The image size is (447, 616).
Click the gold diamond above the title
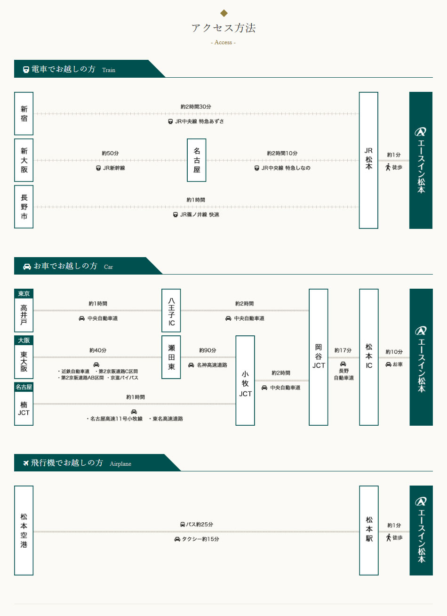point(224,13)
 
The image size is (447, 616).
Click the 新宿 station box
point(24,113)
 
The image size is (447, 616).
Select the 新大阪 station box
point(24,160)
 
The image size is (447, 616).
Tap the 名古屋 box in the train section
point(196,160)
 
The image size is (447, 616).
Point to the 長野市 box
point(24,207)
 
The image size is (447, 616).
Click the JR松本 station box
point(368,160)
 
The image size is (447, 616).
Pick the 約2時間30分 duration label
point(196,107)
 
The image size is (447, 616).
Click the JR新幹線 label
point(111,168)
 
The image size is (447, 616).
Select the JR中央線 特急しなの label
point(282,168)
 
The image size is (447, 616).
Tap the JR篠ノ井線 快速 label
point(196,214)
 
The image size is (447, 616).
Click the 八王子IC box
point(171,310)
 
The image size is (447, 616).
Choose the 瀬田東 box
point(171,357)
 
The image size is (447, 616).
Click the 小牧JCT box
point(245,381)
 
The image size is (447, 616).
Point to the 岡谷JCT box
point(319,357)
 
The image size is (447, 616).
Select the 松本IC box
point(369,357)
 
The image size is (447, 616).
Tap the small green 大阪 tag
point(24,340)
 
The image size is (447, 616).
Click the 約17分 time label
point(343,350)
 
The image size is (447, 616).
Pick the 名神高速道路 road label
point(208,365)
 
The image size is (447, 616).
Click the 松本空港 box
point(24,530)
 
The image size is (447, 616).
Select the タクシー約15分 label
point(197,539)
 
